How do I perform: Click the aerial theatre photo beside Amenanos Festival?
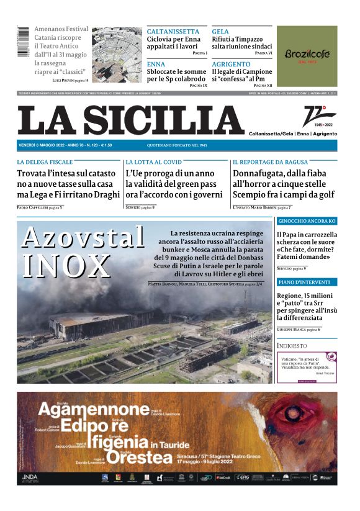click(x=117, y=55)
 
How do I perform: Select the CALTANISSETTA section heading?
click(x=173, y=32)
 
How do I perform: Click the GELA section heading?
click(x=220, y=32)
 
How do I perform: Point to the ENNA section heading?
click(x=156, y=64)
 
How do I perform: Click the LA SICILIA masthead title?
click(x=130, y=120)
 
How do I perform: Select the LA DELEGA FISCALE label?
click(x=45, y=162)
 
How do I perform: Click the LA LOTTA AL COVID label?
click(x=153, y=162)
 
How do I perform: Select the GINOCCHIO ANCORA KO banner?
click(x=307, y=222)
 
